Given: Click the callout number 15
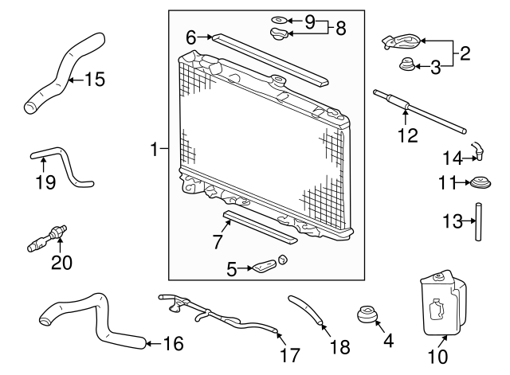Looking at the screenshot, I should [x=94, y=80].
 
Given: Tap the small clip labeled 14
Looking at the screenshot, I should [x=479, y=148].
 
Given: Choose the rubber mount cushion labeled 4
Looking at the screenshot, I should [x=368, y=315].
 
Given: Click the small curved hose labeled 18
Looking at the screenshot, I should [x=308, y=311].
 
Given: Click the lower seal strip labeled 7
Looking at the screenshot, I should [x=260, y=226].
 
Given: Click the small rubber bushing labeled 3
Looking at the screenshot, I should [x=407, y=65].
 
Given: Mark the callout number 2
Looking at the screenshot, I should [x=465, y=55].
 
